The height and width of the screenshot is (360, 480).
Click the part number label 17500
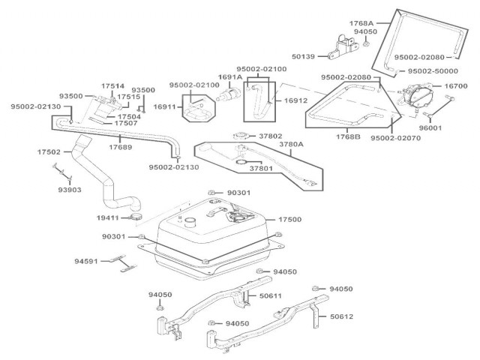point(290,219)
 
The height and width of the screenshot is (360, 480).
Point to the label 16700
point(456,87)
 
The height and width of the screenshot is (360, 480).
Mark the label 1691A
point(229,76)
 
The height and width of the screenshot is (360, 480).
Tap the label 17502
point(49,151)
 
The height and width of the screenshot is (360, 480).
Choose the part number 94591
point(86,262)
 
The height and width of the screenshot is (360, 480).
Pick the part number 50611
point(271,295)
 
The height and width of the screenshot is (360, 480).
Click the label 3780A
point(290,145)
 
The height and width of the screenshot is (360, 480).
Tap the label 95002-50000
point(436,70)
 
